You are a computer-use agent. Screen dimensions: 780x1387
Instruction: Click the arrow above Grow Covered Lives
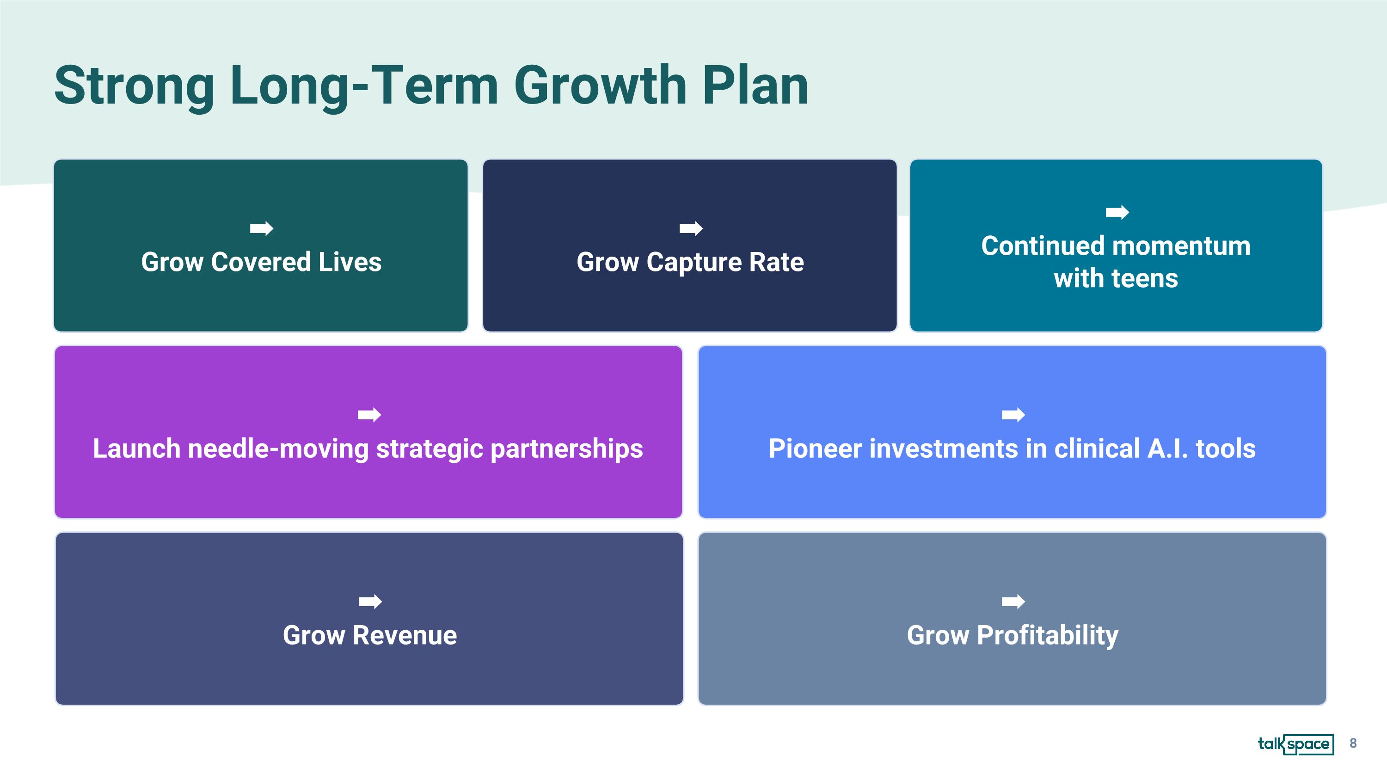pos(262,228)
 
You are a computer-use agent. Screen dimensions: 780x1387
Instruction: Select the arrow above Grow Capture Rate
pos(691,228)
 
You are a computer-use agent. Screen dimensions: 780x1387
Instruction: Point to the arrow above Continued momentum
pos(1117,212)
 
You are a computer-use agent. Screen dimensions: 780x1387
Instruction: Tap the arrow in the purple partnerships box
pos(369,414)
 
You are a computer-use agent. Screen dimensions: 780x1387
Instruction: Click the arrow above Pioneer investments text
pos(1013,414)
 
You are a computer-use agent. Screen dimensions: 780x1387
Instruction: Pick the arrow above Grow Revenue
pos(370,601)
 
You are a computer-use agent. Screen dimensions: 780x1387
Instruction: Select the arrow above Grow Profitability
pos(1013,601)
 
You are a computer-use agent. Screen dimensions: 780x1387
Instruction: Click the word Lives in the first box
pos(350,262)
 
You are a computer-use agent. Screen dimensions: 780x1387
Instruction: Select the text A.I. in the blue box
pos(1167,448)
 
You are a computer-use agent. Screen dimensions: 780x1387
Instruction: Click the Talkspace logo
pos(1295,744)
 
